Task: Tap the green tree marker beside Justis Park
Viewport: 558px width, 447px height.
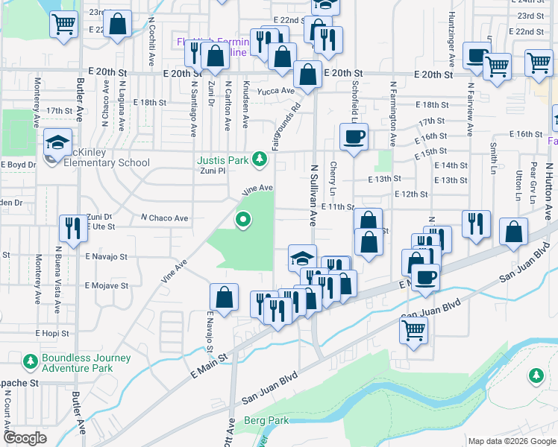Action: click(260, 159)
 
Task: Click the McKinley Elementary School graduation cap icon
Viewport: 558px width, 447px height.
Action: click(57, 142)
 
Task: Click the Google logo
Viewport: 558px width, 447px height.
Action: click(25, 438)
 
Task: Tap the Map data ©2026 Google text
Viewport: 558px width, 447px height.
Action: click(512, 441)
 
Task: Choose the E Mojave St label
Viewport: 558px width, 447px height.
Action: click(107, 285)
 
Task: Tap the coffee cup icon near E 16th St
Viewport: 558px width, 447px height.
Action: click(354, 136)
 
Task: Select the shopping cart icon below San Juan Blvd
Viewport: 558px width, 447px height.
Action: click(413, 330)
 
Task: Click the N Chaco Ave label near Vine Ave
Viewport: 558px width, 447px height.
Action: click(164, 218)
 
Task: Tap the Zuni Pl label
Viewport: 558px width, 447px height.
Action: click(211, 171)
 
